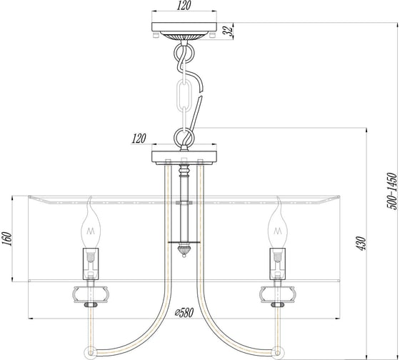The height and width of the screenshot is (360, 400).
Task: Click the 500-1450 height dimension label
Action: pyautogui.click(x=392, y=191)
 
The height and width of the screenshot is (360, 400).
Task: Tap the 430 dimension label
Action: pyautogui.click(x=361, y=244)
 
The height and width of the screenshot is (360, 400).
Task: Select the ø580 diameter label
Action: pyautogui.click(x=184, y=312)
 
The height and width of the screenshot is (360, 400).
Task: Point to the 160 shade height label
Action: pyautogui.click(x=7, y=239)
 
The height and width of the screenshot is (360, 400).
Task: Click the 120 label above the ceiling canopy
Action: pyautogui.click(x=184, y=6)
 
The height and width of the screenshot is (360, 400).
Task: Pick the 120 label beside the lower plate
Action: pyautogui.click(x=139, y=139)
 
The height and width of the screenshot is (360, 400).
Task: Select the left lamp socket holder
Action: pyautogui.click(x=91, y=264)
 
